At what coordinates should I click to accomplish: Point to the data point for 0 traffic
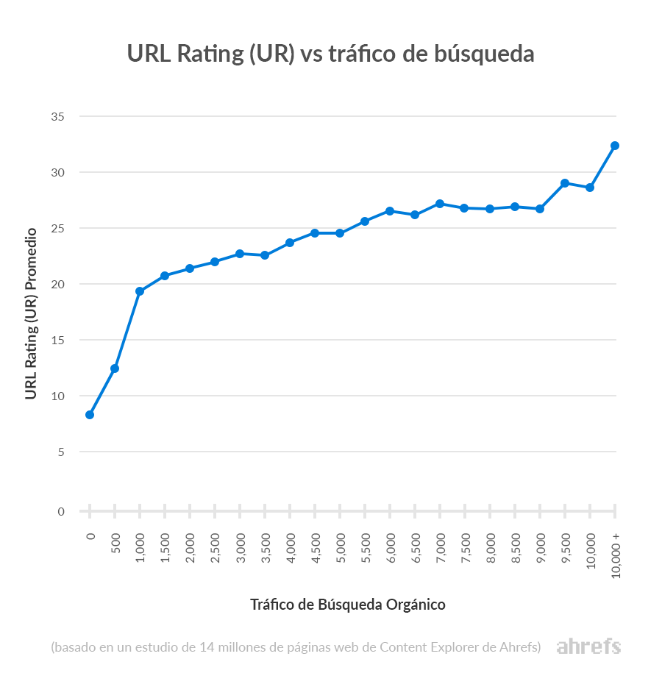[x=90, y=415]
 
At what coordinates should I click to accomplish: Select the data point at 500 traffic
[x=115, y=368]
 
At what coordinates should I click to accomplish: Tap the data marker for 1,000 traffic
[x=140, y=291]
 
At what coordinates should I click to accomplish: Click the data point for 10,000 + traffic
[x=615, y=146]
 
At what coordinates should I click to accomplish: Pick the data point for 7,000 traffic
[x=440, y=204]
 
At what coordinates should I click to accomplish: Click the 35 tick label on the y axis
[x=58, y=117]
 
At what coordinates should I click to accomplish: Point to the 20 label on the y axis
[x=58, y=284]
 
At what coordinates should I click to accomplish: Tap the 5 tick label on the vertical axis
[x=61, y=452]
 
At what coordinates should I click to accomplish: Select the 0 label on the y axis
[x=61, y=511]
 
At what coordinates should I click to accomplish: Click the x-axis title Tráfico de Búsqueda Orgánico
[x=348, y=605]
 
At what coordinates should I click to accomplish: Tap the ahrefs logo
[x=588, y=647]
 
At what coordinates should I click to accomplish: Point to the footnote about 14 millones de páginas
[x=296, y=647]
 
